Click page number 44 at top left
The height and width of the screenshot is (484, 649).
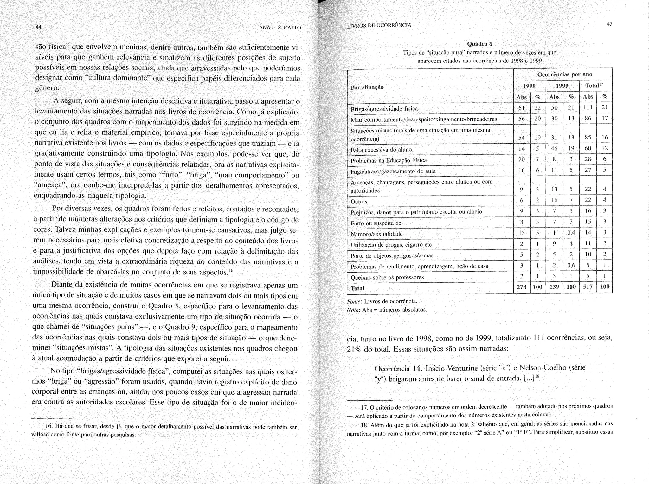[38, 27]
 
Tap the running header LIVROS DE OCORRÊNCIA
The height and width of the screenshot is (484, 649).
[379, 25]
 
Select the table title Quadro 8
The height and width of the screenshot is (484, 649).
[480, 44]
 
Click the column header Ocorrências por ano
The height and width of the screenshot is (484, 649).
[564, 74]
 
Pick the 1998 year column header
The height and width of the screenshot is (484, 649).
[529, 86]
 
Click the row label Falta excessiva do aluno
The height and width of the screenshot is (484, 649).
[381, 150]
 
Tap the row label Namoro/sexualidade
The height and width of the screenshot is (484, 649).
[376, 234]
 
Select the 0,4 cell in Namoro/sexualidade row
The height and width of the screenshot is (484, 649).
[571, 233]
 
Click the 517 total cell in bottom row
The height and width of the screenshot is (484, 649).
[588, 287]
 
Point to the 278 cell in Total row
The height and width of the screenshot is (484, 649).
[521, 287]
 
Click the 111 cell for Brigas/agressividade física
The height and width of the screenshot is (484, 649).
[588, 108]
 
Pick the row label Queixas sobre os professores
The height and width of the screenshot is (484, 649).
[387, 277]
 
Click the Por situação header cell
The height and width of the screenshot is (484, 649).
[367, 87]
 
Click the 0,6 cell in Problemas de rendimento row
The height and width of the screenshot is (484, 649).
[571, 266]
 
